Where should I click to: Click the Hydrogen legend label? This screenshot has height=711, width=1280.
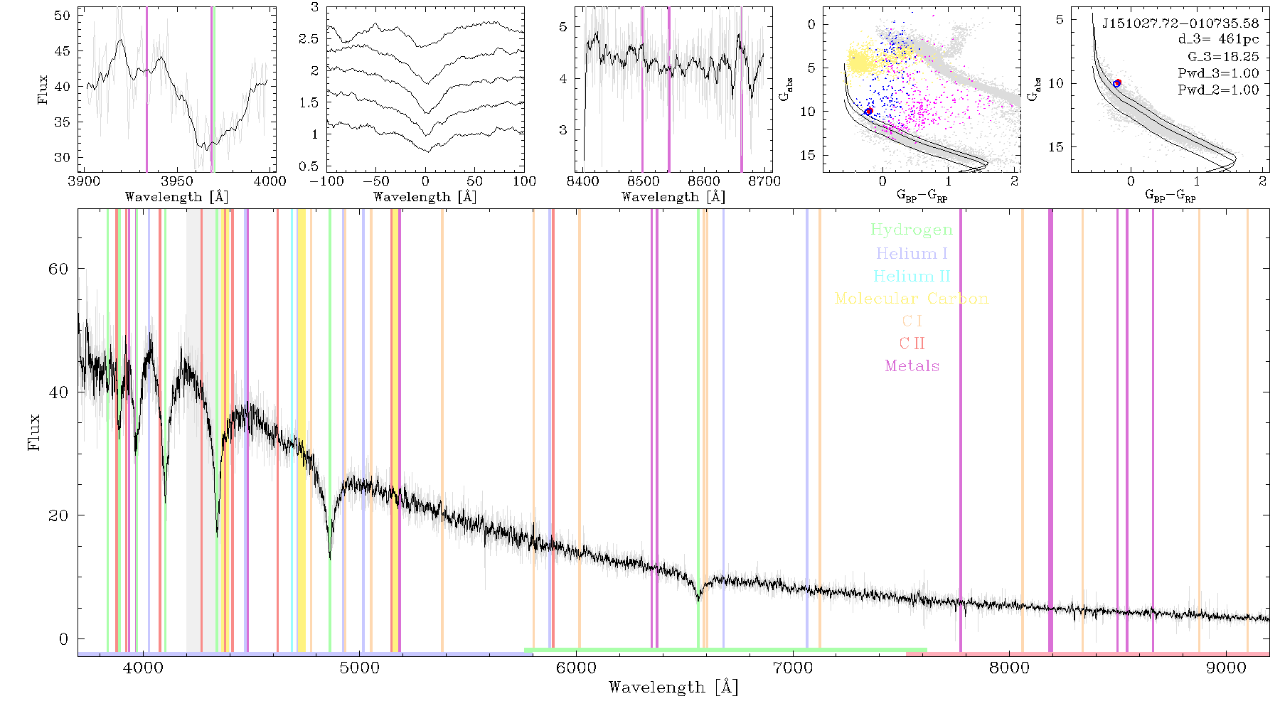point(911,230)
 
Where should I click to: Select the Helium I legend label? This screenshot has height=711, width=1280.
point(912,253)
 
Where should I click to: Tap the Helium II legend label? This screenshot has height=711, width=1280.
point(912,276)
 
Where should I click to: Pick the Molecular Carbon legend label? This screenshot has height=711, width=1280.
point(912,299)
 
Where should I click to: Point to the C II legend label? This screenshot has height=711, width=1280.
point(912,343)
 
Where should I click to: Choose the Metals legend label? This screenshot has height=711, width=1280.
point(912,366)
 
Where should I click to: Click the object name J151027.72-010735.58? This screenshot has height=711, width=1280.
point(1180,23)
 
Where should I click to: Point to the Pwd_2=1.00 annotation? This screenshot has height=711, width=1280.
point(1218,90)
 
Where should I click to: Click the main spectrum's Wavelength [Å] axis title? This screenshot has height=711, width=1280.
point(673,688)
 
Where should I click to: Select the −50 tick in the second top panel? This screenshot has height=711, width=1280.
point(375,181)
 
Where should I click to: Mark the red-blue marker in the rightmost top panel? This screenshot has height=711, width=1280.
point(1117,83)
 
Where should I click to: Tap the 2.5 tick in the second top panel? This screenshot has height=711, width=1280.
point(309,39)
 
